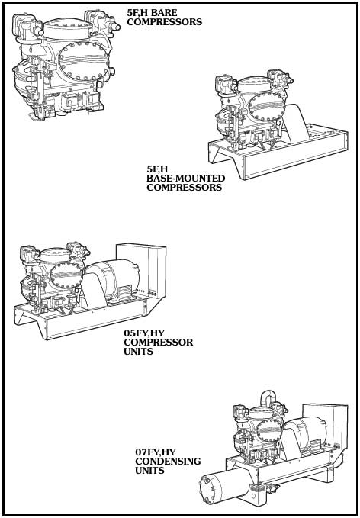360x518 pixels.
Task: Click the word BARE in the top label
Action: coord(164,13)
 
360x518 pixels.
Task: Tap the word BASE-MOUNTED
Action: coord(186,179)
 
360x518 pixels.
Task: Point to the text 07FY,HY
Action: coord(156,452)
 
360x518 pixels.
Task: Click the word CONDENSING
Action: coord(168,461)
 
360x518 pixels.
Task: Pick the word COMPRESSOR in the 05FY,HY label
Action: coord(159,342)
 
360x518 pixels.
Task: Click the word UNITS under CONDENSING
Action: coord(149,470)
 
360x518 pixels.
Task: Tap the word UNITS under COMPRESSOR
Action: coord(139,351)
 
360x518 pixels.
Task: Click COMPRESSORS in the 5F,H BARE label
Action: coord(165,22)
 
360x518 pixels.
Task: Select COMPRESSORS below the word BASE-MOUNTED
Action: coord(185,188)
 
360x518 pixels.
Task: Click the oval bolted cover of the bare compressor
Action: coord(83,61)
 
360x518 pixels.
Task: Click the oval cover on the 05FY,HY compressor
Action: coord(66,274)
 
